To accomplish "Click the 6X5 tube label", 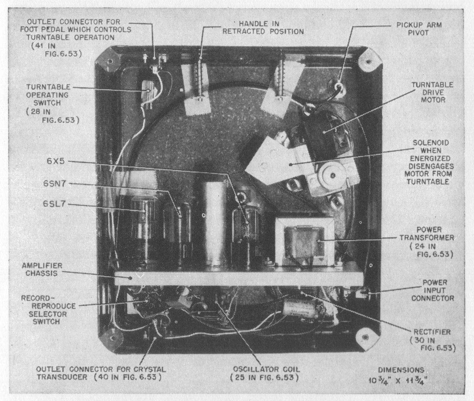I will (x=56, y=161).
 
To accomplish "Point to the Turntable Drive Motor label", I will (x=433, y=92).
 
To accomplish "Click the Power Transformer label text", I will (x=427, y=242).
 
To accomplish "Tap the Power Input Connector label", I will (x=433, y=290).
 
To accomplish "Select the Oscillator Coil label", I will (x=267, y=373).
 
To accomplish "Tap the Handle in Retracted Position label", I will (x=263, y=28).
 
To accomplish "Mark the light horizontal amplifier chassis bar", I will (x=238, y=278).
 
